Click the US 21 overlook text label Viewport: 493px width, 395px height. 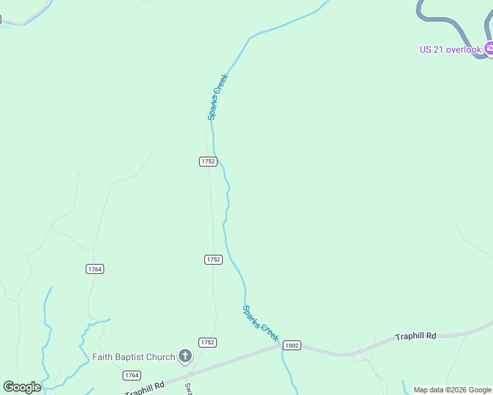450,49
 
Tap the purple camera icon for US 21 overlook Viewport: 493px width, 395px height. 489,48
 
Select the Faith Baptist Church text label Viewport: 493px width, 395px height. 134,357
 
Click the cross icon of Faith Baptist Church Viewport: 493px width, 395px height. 185,357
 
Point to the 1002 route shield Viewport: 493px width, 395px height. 291,345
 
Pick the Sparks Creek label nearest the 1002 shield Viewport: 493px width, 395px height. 260,323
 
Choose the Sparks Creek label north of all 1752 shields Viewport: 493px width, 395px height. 218,96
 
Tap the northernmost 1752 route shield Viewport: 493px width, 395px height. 208,161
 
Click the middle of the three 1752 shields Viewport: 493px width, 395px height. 213,259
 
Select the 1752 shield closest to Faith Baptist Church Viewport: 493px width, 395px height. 208,342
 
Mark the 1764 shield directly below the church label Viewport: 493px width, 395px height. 132,375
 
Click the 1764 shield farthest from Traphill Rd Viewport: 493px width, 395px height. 95,269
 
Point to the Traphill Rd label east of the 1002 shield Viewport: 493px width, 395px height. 415,336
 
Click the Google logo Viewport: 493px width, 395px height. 22,387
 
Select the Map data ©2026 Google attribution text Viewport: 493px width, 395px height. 452,390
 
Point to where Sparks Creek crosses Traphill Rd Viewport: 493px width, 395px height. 282,346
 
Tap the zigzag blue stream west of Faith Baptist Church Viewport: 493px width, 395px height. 82,336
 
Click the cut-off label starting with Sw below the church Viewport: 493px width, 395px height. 187,388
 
